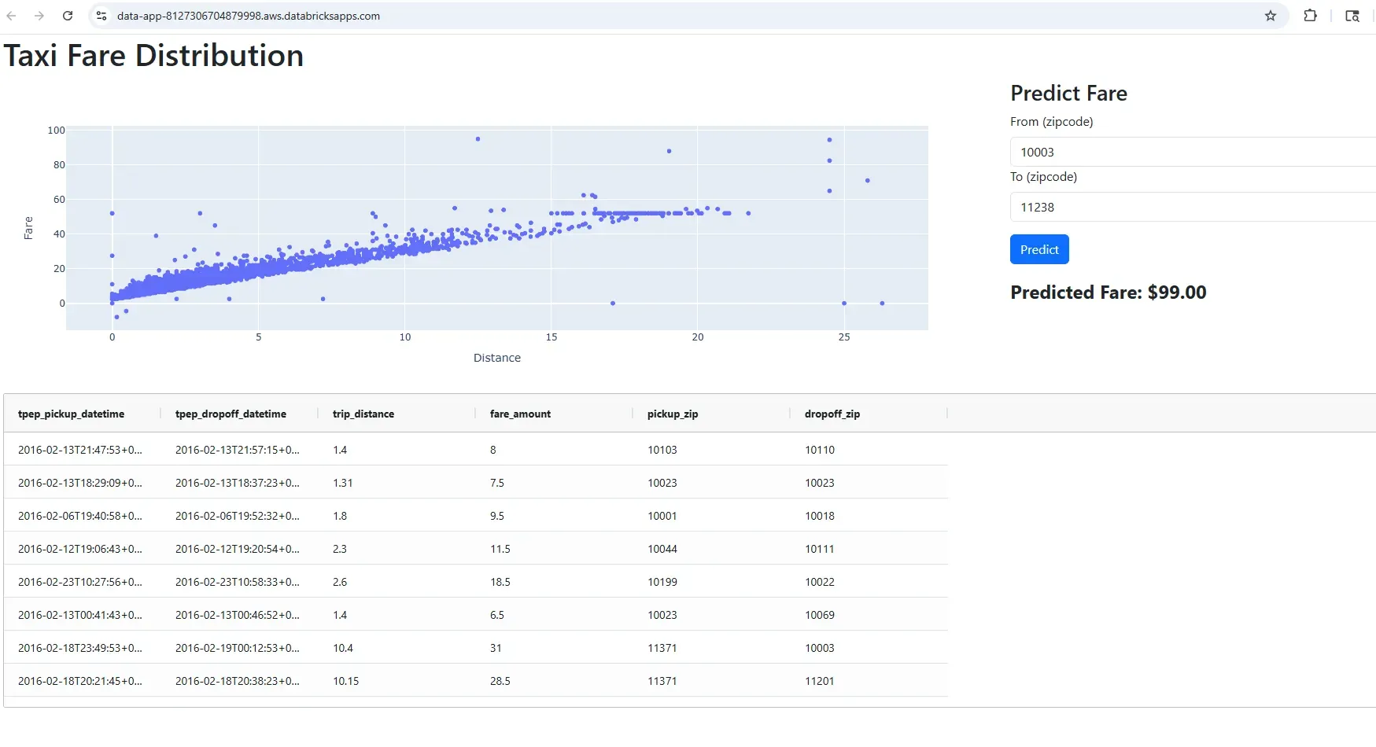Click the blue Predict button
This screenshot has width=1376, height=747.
point(1039,249)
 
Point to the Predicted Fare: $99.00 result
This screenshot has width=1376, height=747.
point(1108,293)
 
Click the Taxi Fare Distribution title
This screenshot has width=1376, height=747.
point(153,56)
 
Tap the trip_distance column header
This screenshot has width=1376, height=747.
point(363,414)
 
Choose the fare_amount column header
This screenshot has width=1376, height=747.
point(520,414)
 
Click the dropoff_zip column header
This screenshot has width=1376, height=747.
point(832,414)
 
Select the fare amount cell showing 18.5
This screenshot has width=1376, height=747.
point(500,582)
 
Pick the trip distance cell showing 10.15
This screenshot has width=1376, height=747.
point(345,681)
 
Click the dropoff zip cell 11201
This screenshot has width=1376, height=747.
point(820,681)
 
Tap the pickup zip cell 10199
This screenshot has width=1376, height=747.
point(662,582)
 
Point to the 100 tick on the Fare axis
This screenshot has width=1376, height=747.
point(56,131)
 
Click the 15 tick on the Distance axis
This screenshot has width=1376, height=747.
point(552,337)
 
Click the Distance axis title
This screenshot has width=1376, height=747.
point(497,358)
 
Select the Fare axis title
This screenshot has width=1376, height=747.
point(28,227)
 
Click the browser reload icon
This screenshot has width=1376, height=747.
point(68,16)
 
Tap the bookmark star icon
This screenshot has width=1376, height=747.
point(1271,16)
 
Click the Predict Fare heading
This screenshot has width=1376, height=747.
point(1068,94)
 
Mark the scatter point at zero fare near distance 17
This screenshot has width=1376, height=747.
point(613,303)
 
